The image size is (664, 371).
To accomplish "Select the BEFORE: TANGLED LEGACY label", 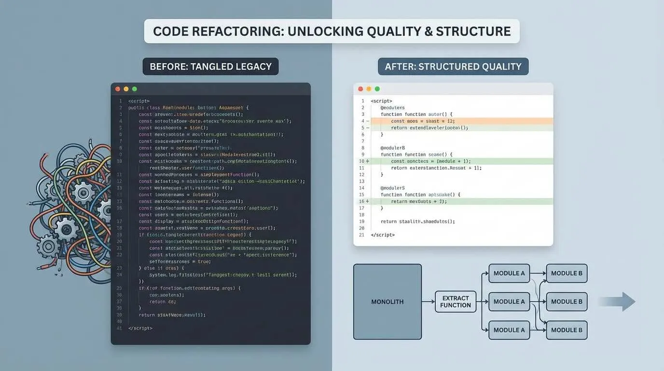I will (210, 66).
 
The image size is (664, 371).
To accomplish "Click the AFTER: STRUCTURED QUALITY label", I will (453, 66).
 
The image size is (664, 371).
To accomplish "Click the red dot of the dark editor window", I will (118, 89).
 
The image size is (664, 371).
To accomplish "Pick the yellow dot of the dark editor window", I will (126, 89).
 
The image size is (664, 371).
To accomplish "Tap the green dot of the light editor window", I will (377, 89).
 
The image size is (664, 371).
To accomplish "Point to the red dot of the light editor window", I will (360, 89).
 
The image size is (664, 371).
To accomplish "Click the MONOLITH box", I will (387, 302).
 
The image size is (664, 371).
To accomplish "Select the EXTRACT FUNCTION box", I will (456, 302).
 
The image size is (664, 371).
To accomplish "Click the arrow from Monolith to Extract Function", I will (428, 302).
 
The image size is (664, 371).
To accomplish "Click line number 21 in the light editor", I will (362, 235).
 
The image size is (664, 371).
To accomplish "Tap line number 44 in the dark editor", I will (119, 328).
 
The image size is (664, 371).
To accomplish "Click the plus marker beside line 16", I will (367, 201).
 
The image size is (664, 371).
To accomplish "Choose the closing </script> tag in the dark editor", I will (140, 328).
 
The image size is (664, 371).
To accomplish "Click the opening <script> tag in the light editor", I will (381, 101).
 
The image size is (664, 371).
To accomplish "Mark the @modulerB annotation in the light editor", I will (392, 148).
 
